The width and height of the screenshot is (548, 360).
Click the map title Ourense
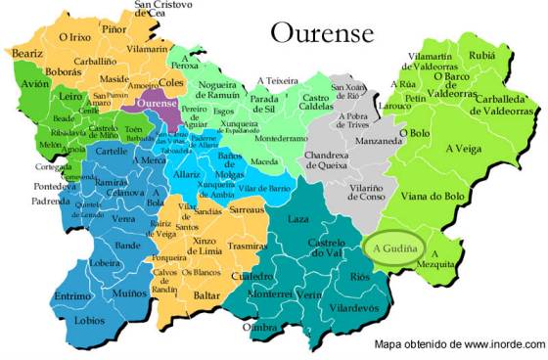pyautogui.click(x=322, y=34)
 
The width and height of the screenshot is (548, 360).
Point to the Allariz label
pyautogui.click(x=188, y=174)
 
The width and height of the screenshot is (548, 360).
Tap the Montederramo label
pyautogui.click(x=282, y=139)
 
